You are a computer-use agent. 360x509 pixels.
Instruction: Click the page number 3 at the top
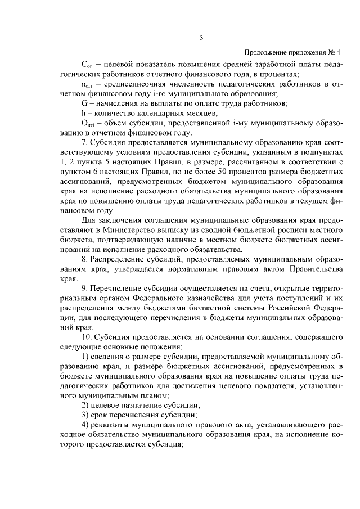(202, 38)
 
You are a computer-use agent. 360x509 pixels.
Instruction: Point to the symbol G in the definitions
(84, 103)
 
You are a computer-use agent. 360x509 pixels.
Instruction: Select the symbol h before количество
(83, 114)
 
